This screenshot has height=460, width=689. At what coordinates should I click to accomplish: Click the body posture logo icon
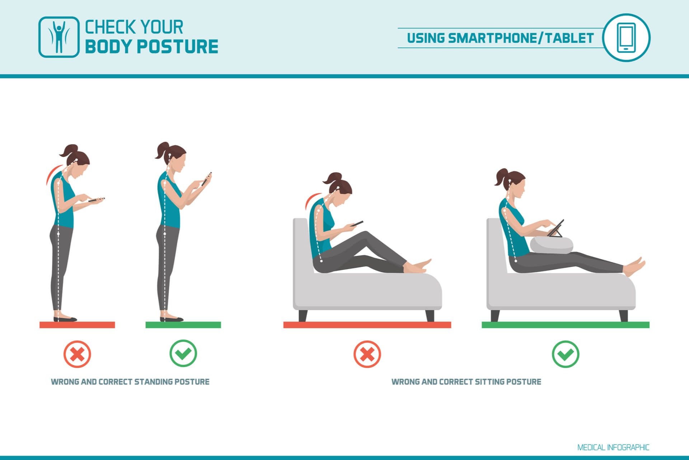[x=59, y=37]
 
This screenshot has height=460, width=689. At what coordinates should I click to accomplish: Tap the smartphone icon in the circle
[x=626, y=37]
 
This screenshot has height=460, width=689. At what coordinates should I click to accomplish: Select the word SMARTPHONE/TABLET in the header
[x=521, y=38]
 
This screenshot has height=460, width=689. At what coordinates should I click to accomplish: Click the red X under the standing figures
[x=77, y=354]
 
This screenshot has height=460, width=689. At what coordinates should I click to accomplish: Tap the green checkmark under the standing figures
[x=183, y=353]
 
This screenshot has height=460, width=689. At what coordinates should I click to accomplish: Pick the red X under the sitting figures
[x=367, y=354]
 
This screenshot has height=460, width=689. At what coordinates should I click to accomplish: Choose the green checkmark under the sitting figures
[x=565, y=354]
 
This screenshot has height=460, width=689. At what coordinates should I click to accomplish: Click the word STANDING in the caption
[x=153, y=382]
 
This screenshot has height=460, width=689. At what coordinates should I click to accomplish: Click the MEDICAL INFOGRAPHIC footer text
[x=613, y=447]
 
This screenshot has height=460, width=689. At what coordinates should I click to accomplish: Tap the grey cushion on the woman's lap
[x=551, y=245]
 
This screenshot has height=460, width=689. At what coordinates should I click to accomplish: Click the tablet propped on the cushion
[x=556, y=229]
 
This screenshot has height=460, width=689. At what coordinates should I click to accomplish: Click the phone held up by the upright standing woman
[x=206, y=179]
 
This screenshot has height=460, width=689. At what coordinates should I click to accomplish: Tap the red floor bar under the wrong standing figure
[x=77, y=325]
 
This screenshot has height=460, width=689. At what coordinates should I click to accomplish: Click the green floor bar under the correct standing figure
[x=183, y=325]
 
